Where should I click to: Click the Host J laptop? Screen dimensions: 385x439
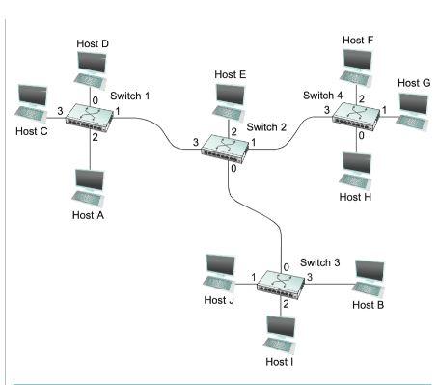(x=219, y=269)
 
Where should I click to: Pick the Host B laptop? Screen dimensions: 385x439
(x=370, y=273)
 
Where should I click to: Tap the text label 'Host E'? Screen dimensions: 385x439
(x=231, y=75)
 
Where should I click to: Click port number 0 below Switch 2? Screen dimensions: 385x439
(x=233, y=171)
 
